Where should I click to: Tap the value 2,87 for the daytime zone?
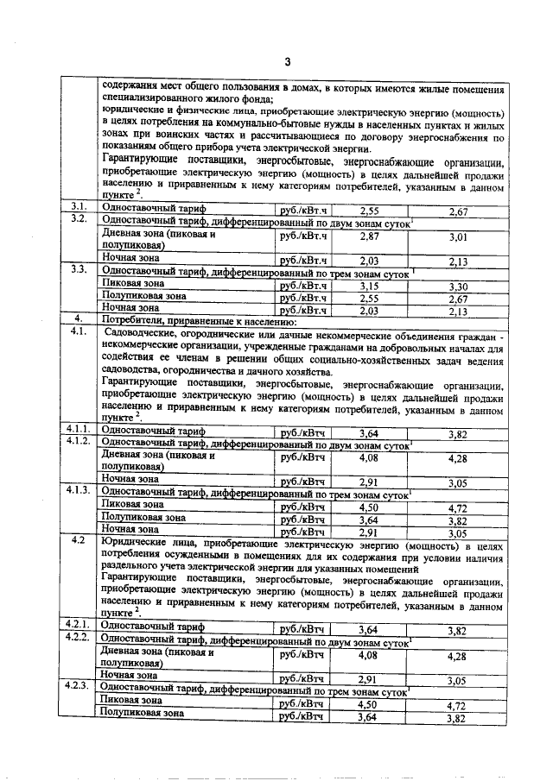point(369,236)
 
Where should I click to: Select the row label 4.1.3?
point(79,491)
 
